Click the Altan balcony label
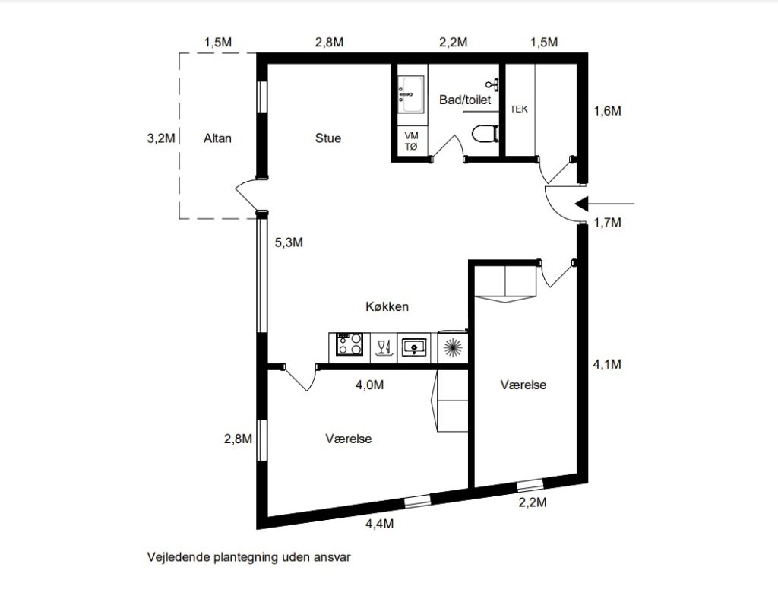(x=217, y=138)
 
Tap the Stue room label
(x=328, y=138)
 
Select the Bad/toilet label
(x=465, y=100)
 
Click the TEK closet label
(x=518, y=109)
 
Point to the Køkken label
(x=387, y=306)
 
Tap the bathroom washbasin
(x=411, y=93)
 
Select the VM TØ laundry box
(x=411, y=141)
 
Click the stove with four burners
(x=349, y=344)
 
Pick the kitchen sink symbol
(x=414, y=346)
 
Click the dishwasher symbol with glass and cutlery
(x=384, y=347)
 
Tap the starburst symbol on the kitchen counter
(x=453, y=347)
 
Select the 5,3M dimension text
(x=289, y=242)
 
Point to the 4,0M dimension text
(x=370, y=385)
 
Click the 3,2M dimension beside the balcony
(x=161, y=138)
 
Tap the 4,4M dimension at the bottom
(x=380, y=524)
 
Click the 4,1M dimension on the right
(x=607, y=364)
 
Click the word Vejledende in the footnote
(x=179, y=557)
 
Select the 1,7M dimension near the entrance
(x=607, y=222)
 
